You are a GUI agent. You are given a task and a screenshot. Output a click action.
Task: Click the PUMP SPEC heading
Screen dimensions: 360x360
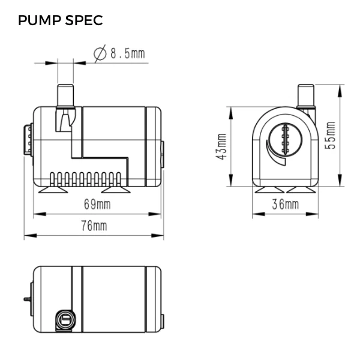[60, 20]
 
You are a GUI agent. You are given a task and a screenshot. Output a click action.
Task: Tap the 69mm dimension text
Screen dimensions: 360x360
[96, 205]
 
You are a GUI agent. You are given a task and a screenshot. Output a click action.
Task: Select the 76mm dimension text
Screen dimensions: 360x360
[94, 226]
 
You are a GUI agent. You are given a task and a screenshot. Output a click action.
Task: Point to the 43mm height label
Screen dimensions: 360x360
[221, 147]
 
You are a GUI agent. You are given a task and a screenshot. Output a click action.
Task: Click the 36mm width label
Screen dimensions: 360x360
[284, 204]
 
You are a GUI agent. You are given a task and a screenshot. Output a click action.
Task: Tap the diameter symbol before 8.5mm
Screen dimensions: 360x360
[100, 54]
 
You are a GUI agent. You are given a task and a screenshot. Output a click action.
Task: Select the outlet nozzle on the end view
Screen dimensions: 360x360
[307, 96]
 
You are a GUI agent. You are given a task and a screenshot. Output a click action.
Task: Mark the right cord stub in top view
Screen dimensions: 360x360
[162, 322]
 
